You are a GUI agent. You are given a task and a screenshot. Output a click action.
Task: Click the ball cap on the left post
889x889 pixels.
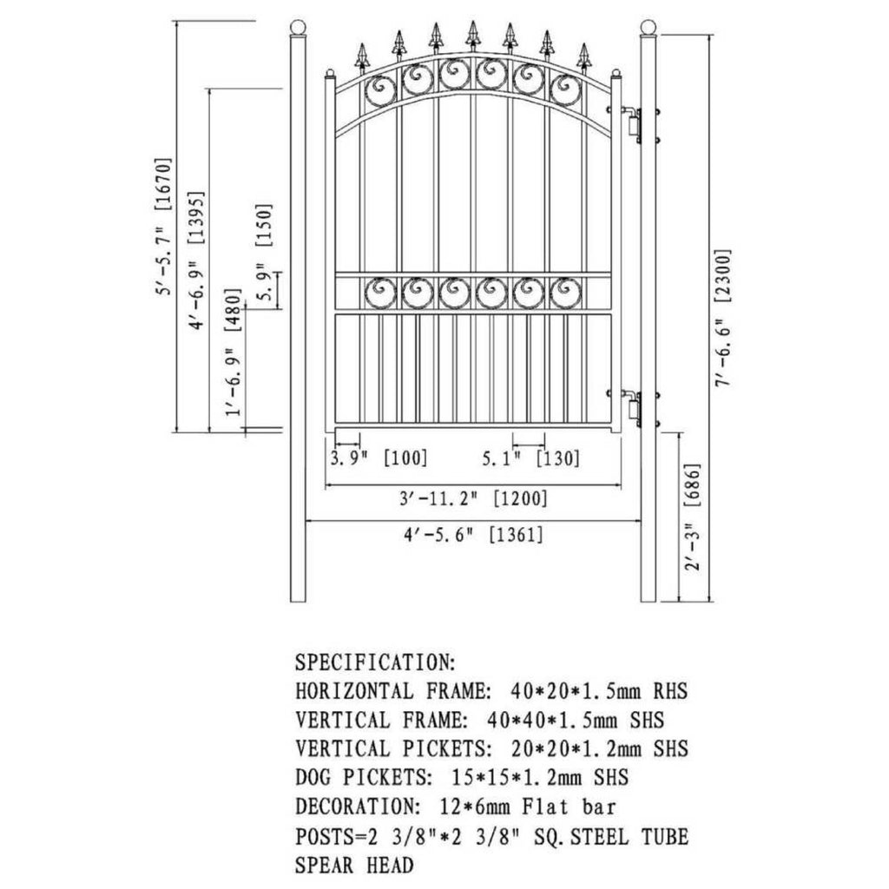(298, 26)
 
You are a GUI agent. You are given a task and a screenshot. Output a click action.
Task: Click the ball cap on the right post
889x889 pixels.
(648, 26)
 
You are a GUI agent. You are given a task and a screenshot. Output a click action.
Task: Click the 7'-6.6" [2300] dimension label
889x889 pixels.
(723, 318)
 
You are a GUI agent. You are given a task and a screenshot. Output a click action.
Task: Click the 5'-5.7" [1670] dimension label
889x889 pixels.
(162, 227)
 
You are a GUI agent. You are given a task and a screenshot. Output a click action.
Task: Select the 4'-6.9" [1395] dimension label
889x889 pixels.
(196, 260)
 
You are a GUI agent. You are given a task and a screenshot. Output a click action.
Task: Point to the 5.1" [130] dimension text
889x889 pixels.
(531, 458)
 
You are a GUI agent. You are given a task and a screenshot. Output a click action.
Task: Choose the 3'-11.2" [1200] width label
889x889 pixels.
(472, 499)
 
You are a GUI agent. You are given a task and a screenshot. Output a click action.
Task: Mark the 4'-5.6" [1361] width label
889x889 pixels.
(472, 535)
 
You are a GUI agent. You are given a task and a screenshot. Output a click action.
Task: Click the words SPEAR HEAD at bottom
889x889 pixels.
(354, 865)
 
